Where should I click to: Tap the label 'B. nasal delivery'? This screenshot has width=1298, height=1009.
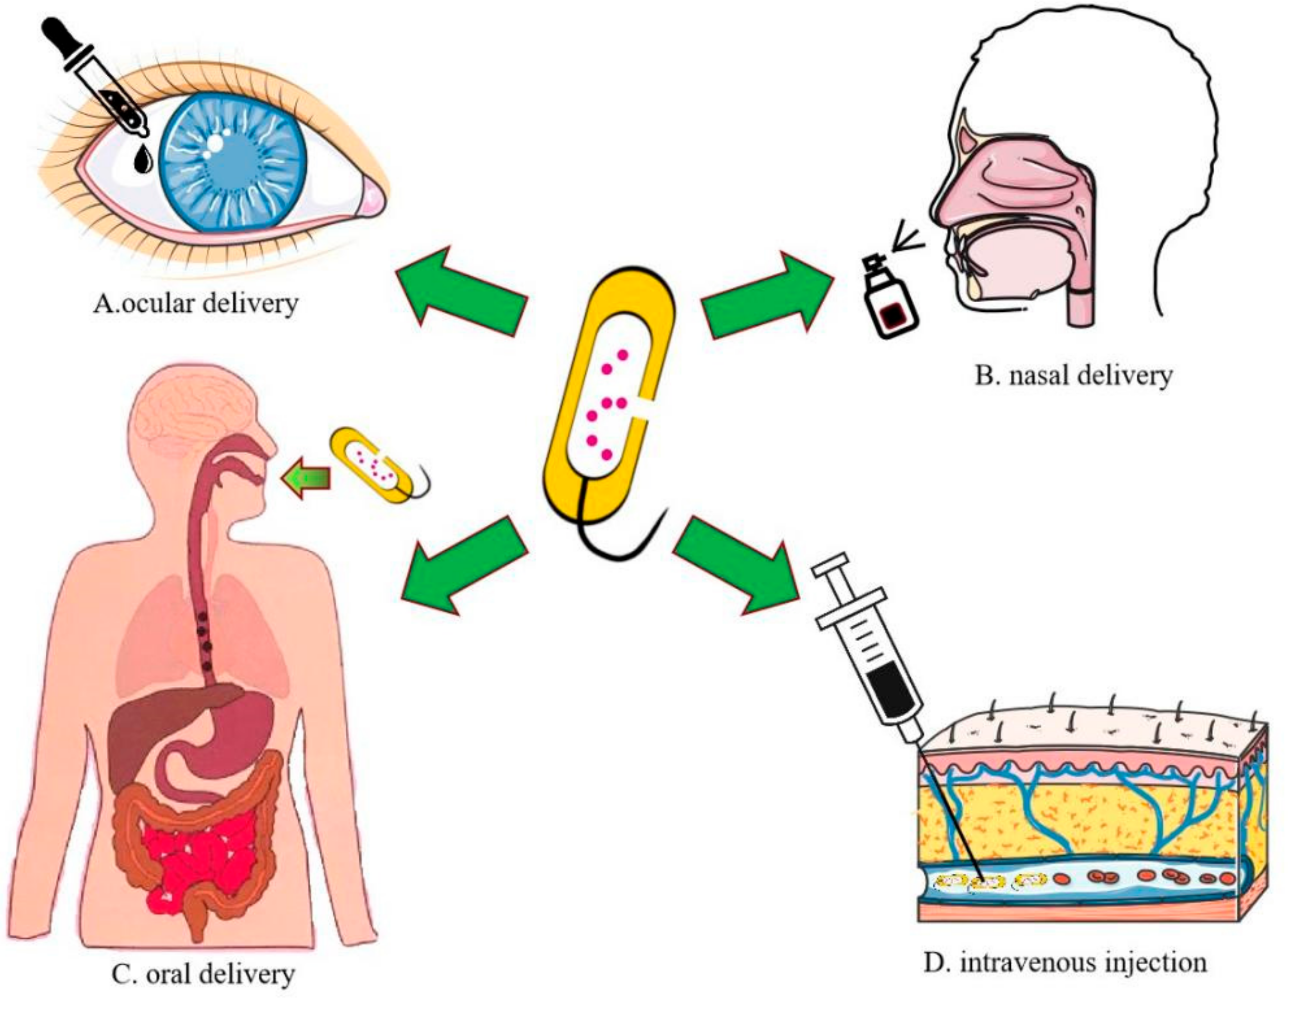tap(1073, 376)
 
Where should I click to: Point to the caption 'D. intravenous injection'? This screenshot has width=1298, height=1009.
tap(1065, 963)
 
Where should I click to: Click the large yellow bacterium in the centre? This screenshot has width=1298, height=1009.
tap(609, 404)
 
